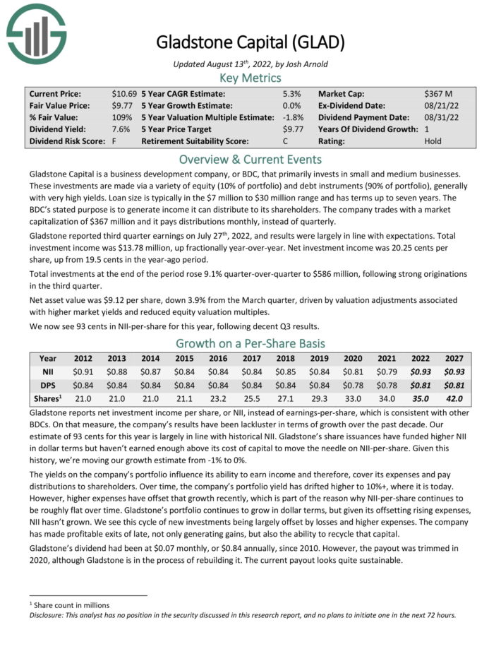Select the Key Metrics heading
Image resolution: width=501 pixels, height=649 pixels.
[250, 78]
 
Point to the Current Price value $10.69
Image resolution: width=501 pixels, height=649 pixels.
[124, 93]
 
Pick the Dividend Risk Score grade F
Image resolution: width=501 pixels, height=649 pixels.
[114, 141]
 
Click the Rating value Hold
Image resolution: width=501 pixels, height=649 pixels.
[434, 141]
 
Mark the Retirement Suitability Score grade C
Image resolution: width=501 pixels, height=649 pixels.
[297, 141]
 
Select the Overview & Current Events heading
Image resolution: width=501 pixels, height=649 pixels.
[250, 159]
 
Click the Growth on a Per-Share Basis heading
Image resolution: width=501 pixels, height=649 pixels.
[250, 344]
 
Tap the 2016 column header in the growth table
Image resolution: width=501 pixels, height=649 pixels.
[219, 358]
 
